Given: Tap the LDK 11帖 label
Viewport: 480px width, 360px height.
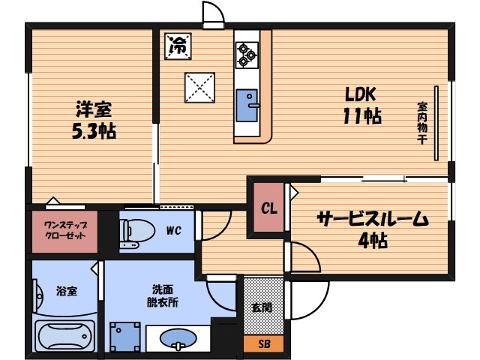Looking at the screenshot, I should pos(364,106).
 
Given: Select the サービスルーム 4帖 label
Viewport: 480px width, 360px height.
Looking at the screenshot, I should pos(371,229).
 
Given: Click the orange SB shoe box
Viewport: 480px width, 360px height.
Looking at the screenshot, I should pos(263,344).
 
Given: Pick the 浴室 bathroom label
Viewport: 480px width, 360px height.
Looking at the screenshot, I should pos(67,290).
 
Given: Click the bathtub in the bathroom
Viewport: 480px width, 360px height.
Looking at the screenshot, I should pos(64,335).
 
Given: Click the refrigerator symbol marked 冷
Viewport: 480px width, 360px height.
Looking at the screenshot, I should pos(179,44).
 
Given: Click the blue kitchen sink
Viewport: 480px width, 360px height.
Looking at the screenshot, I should pos(247,106).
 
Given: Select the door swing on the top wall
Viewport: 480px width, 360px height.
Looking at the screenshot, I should pos(212,14).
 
